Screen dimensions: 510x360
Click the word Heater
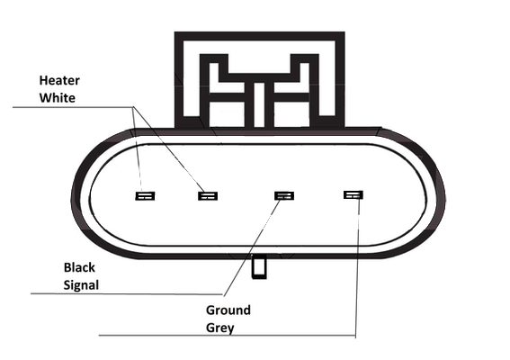pyautogui.click(x=59, y=80)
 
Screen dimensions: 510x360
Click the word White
pyautogui.click(x=58, y=97)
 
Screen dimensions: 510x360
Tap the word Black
pyautogui.click(x=79, y=267)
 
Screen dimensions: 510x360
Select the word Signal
pyautogui.click(x=81, y=285)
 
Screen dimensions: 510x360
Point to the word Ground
pyautogui.click(x=228, y=310)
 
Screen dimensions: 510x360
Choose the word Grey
pyautogui.click(x=219, y=328)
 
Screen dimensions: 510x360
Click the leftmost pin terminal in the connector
pyautogui.click(x=145, y=196)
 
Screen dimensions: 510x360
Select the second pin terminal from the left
pyautogui.click(x=208, y=196)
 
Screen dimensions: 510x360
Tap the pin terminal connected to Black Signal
pyautogui.click(x=284, y=195)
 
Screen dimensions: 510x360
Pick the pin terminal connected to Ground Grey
pyautogui.click(x=353, y=194)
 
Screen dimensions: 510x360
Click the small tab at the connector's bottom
pyautogui.click(x=260, y=267)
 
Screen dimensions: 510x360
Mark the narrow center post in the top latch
pyautogui.click(x=259, y=104)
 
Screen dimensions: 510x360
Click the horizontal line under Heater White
pyautogui.click(x=73, y=107)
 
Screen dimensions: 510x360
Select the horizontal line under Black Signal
pyautogui.click(x=127, y=294)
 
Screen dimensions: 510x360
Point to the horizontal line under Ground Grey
pyautogui.click(x=227, y=335)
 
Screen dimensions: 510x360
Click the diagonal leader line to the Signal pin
pyautogui.click(x=252, y=247)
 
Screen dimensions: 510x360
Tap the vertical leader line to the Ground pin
pyautogui.click(x=357, y=267)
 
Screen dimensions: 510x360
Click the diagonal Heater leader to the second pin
pyautogui.click(x=168, y=149)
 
